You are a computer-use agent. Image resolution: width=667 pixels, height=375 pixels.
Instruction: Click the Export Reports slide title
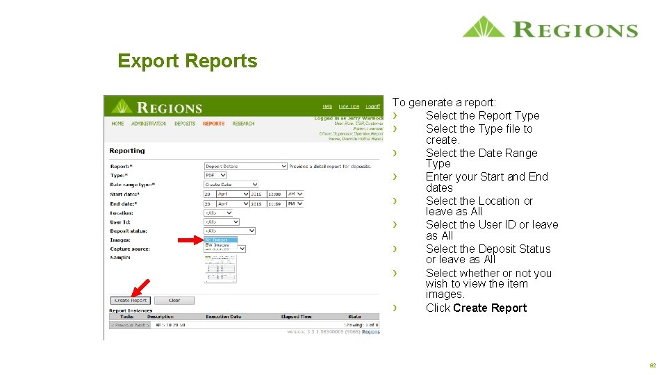(187, 61)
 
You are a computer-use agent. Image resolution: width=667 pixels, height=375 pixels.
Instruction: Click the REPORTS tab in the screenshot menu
(213, 124)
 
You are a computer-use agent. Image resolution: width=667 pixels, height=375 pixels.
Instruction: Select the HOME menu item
(117, 124)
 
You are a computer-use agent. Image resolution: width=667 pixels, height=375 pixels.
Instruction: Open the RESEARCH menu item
(243, 124)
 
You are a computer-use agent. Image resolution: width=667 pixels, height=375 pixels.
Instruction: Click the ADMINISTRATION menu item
(149, 124)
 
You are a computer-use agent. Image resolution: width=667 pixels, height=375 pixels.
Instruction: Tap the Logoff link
(373, 106)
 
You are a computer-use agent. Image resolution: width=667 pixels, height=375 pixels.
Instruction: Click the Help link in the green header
(327, 106)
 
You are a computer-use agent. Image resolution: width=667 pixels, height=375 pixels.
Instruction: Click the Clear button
(174, 301)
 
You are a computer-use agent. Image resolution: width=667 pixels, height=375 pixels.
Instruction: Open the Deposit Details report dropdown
(245, 167)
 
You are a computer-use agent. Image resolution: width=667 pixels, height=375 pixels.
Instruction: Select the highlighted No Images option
(220, 240)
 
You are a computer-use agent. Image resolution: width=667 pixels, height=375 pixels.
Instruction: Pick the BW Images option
(217, 244)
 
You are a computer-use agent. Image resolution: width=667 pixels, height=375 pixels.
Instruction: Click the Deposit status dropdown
(229, 231)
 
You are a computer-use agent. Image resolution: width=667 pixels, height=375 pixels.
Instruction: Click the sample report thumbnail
(220, 269)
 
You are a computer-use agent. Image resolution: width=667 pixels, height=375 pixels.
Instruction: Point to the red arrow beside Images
(189, 240)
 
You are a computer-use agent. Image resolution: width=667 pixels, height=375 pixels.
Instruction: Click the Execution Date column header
(223, 317)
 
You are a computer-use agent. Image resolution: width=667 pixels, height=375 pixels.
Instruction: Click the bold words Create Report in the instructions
(490, 308)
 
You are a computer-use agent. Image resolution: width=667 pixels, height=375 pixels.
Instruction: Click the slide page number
(652, 365)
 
